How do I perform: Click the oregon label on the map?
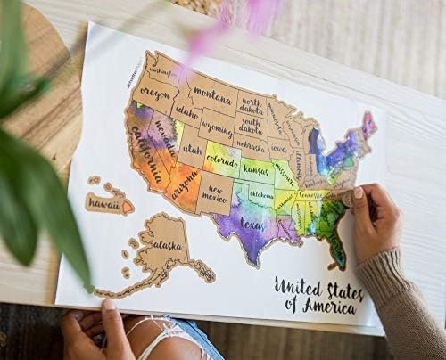coord(157,94)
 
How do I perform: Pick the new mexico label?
coord(213,193)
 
